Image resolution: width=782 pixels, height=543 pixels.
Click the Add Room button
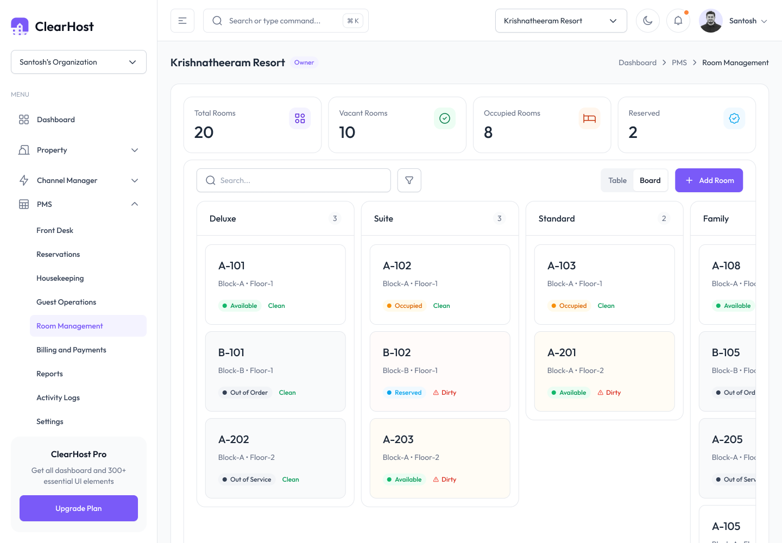tap(709, 180)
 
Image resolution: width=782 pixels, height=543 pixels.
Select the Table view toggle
tap(617, 180)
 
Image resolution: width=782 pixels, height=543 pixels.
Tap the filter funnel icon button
tap(409, 180)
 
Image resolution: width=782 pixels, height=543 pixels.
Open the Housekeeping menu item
tap(60, 278)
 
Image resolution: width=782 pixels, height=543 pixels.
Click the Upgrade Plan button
tap(79, 508)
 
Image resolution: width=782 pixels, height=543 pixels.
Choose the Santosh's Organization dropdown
tap(79, 62)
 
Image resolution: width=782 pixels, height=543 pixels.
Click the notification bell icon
tap(678, 21)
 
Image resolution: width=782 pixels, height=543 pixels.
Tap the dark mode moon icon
tap(647, 21)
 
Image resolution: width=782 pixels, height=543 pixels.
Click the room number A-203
tap(398, 439)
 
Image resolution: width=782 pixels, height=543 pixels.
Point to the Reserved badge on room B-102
tap(404, 392)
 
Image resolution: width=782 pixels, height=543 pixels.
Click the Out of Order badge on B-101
tap(245, 392)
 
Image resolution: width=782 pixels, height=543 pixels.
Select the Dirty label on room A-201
tap(609, 392)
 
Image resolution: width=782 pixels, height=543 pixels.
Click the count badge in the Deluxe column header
tap(335, 218)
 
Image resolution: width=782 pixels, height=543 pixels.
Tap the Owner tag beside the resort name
tap(304, 62)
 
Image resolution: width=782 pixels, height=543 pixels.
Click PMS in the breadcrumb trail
tap(679, 62)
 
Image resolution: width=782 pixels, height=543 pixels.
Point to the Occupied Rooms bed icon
tap(589, 118)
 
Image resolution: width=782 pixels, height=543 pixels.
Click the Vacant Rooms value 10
tap(347, 132)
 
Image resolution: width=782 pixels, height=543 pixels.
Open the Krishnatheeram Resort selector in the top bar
tap(560, 21)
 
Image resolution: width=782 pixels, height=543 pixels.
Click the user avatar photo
tap(710, 21)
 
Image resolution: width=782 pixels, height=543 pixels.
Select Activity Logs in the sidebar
tap(58, 397)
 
